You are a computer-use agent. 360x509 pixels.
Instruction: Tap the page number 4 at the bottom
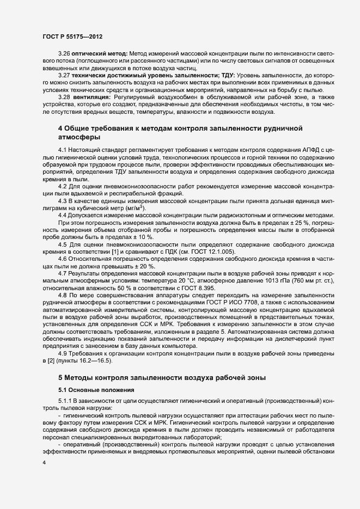coord(44,477)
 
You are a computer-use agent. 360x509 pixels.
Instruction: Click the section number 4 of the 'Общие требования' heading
coord(60,128)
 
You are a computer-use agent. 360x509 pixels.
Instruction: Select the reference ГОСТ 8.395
coord(198,287)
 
